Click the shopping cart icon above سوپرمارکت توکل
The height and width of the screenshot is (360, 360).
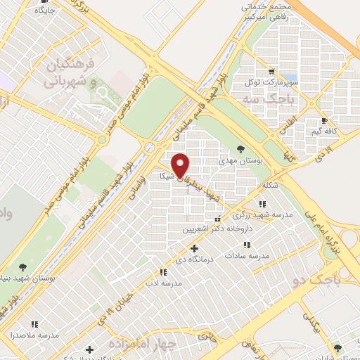[272, 72]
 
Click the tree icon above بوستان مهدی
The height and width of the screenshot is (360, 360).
[241, 148]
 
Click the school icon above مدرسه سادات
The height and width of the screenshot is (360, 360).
[247, 245]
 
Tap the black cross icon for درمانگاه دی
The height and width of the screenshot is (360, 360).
[195, 247]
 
